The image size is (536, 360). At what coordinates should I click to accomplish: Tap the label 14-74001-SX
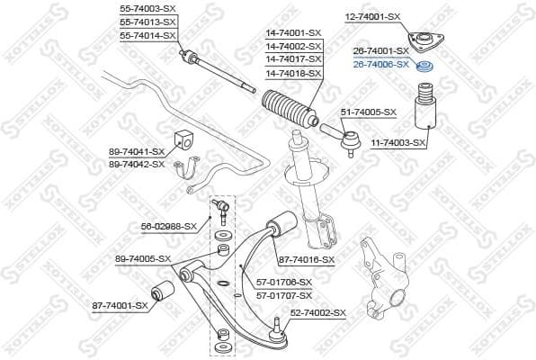[292, 32]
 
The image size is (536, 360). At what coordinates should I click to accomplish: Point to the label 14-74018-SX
[292, 71]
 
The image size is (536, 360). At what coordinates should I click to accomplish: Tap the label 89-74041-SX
[136, 151]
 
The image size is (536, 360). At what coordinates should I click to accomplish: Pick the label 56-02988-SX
[168, 226]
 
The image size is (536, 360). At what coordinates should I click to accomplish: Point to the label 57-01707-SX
[284, 295]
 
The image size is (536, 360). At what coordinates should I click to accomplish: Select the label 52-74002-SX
[317, 312]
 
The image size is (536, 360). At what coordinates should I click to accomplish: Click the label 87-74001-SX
[120, 306]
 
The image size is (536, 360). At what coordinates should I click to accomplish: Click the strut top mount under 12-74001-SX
[421, 42]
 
